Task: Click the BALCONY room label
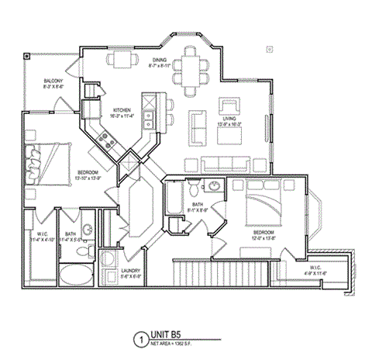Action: click(53, 80)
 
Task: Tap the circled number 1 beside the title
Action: click(139, 339)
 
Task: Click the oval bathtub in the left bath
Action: click(75, 274)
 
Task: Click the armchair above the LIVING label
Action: click(230, 107)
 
